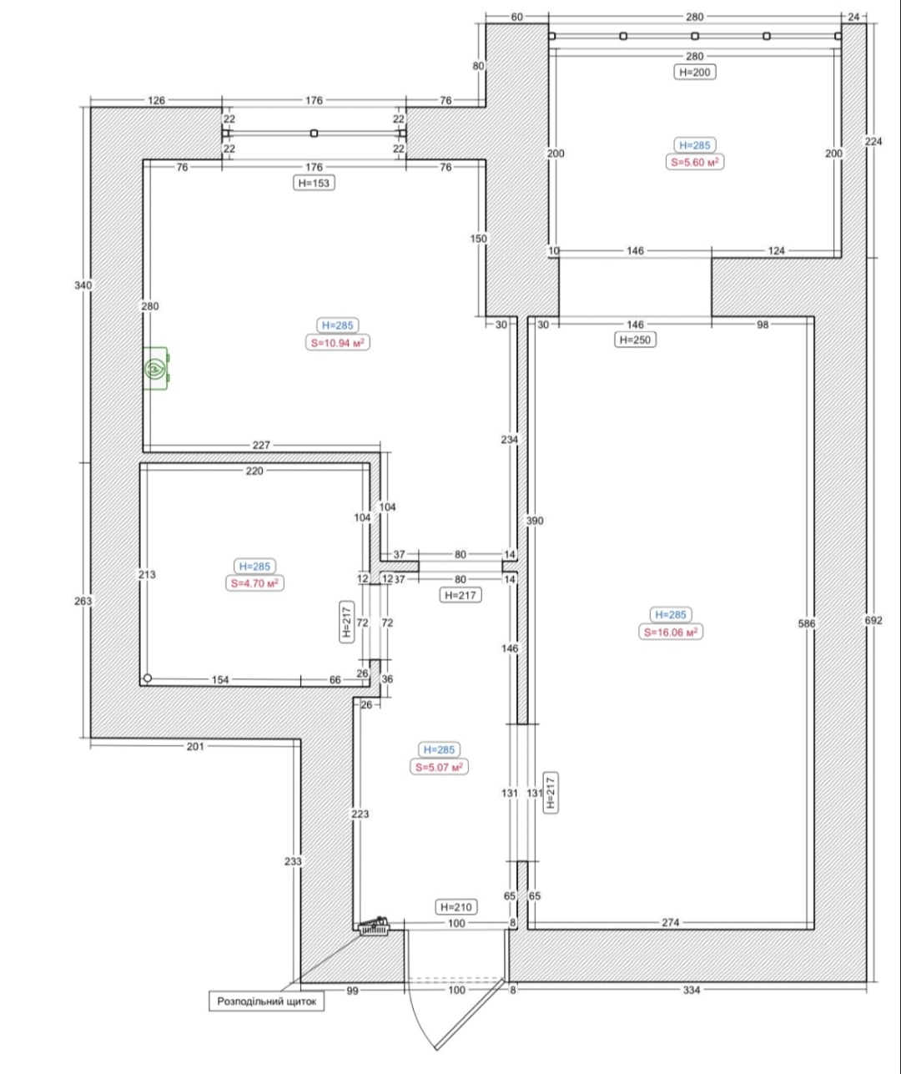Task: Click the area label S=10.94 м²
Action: coord(337,343)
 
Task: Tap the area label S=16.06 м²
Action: coord(671,633)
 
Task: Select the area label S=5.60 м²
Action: coord(695,162)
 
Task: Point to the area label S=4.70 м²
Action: coord(254,583)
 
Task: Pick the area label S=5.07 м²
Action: coord(439,767)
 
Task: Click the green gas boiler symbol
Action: coord(156,368)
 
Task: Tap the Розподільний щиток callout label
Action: coord(266,1001)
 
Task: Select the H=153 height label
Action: coord(315,183)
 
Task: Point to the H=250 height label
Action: coord(635,340)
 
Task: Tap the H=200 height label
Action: coord(695,72)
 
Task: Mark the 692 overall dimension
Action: coord(873,620)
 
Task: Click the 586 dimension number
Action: coord(807,623)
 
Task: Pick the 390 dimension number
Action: coord(534,521)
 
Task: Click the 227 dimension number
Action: coord(261,445)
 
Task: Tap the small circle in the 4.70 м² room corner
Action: coord(148,678)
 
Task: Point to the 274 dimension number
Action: coord(671,922)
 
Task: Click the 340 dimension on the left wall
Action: coord(83,285)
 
